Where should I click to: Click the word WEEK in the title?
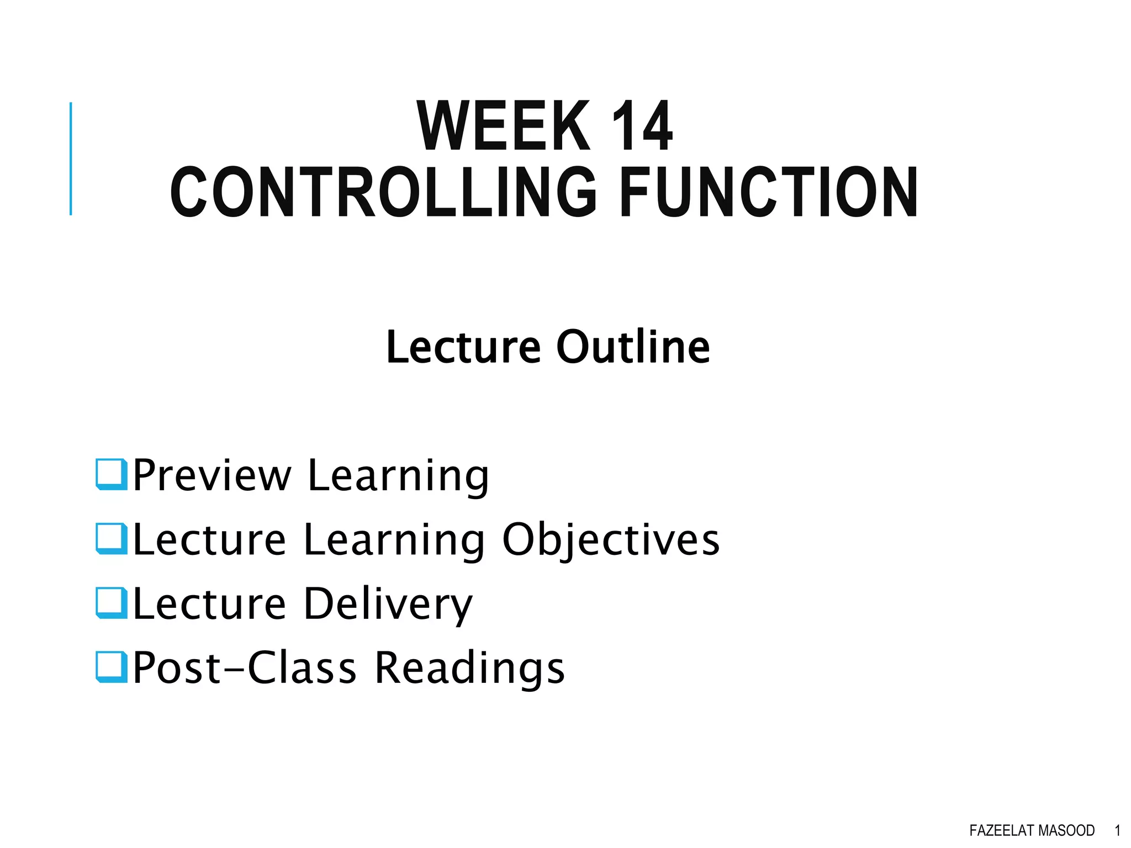(x=503, y=126)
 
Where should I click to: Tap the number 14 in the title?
(x=642, y=126)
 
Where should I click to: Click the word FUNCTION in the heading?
(x=769, y=193)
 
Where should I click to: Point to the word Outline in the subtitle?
(x=633, y=347)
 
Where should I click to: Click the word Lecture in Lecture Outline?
(x=463, y=347)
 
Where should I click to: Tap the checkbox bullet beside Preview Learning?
(x=112, y=474)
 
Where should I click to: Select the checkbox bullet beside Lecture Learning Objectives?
(x=112, y=538)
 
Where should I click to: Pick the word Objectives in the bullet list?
(x=611, y=540)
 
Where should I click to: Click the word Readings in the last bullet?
(x=470, y=668)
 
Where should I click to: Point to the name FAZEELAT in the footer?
(x=1001, y=830)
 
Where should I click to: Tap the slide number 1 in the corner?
(x=1118, y=830)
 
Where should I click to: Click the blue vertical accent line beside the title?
(x=71, y=158)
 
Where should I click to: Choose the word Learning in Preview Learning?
(x=398, y=476)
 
